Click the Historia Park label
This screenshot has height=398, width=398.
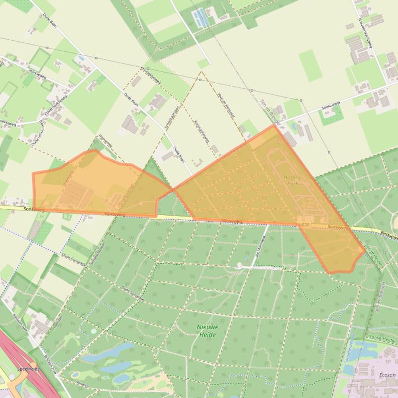293,180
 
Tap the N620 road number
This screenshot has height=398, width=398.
304,225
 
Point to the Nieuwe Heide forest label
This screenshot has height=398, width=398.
206,330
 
